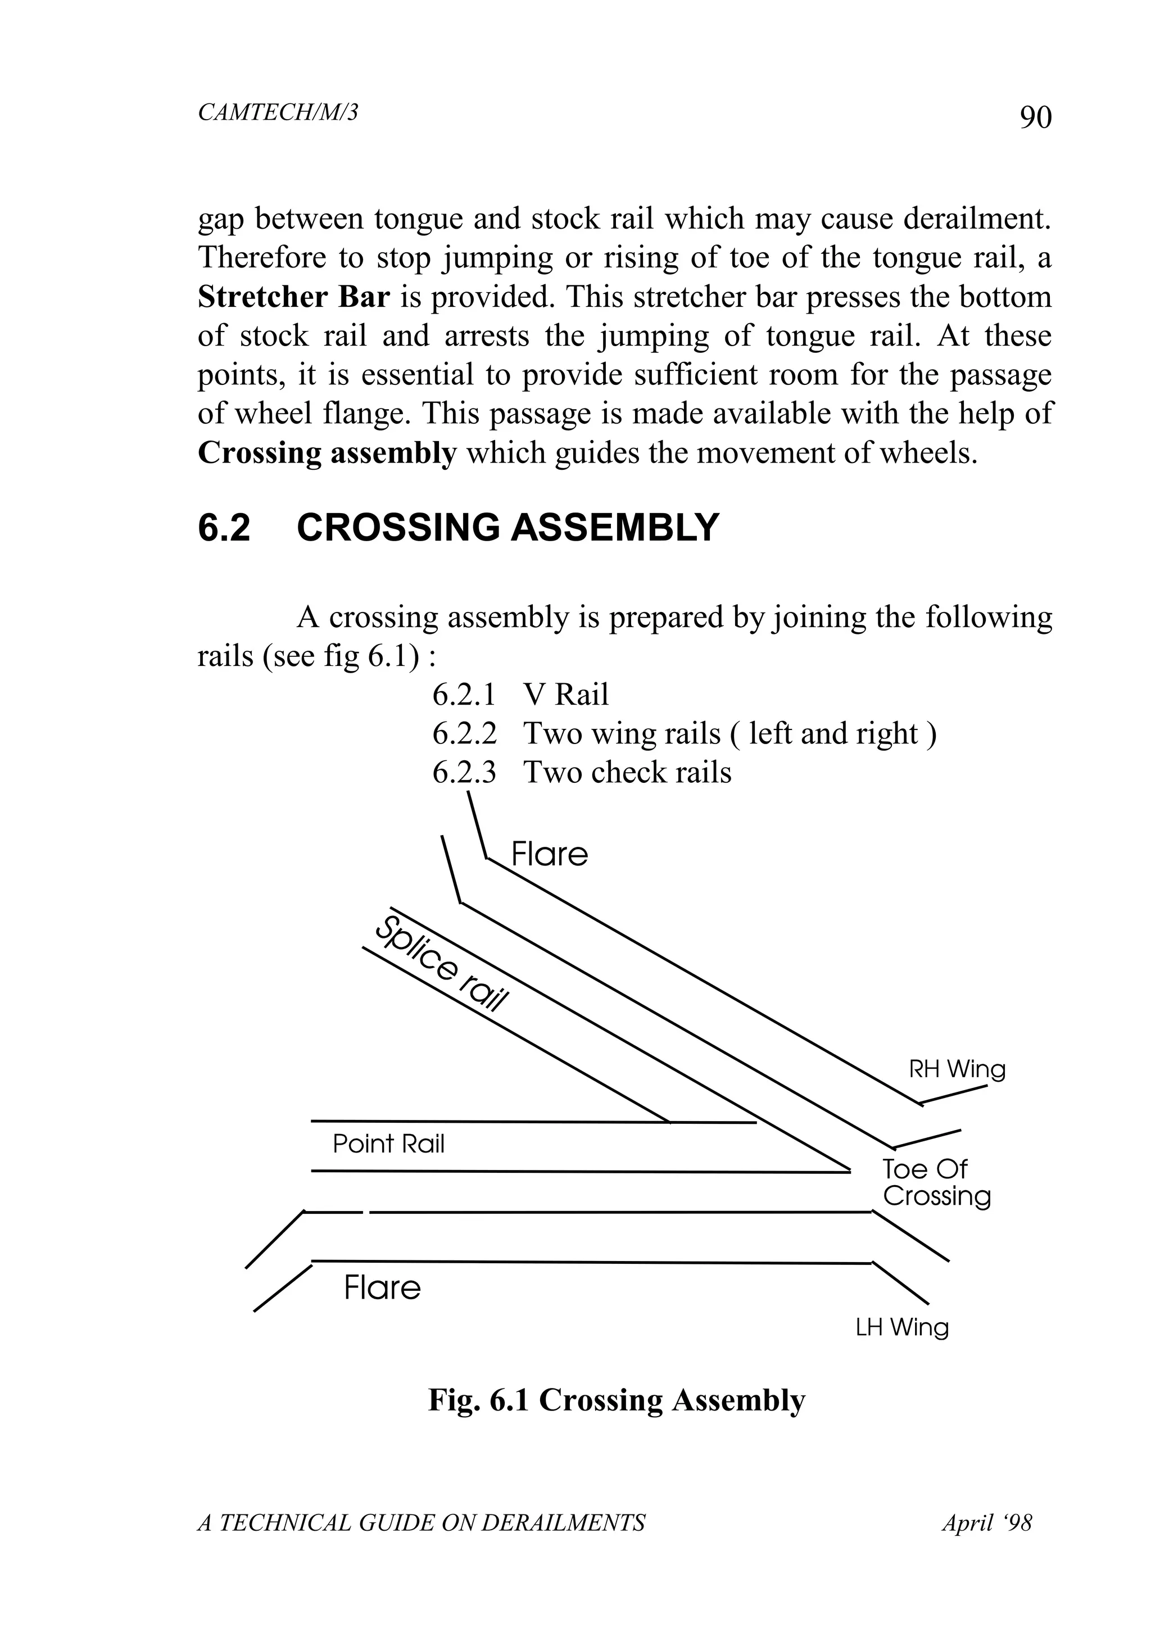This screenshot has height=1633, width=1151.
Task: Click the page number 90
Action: coord(1035,117)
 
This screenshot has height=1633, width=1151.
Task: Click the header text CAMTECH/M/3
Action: coord(278,112)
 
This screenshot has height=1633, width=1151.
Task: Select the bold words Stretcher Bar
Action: coord(293,297)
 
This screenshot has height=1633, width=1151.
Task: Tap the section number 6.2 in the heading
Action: coord(224,528)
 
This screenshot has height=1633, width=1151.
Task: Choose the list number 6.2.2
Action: coord(464,733)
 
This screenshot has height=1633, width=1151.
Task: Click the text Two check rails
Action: coord(627,773)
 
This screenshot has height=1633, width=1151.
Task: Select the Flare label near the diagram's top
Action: coord(549,854)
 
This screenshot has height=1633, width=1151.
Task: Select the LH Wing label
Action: coord(901,1327)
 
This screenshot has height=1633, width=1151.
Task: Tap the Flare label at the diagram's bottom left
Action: coord(382,1288)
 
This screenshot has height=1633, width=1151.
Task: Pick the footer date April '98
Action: coord(987,1523)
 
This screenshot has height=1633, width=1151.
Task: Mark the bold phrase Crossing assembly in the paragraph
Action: coord(327,453)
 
